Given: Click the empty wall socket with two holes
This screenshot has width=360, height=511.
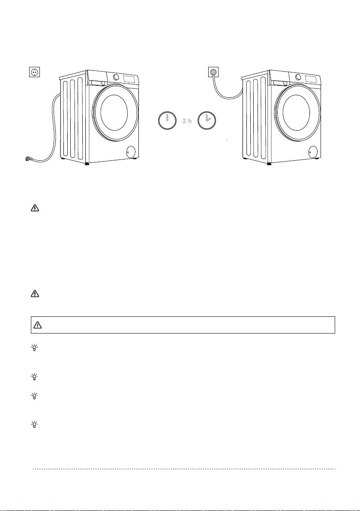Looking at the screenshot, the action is click(x=35, y=72).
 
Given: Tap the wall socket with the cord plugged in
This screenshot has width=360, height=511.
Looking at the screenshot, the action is click(x=213, y=72).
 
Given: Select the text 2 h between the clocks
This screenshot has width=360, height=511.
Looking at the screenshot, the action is click(x=187, y=121).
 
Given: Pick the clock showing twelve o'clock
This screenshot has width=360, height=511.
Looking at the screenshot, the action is click(x=167, y=120).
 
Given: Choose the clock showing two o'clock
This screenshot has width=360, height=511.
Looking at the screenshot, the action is click(x=207, y=120).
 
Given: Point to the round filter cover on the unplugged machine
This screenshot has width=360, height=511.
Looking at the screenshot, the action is click(x=130, y=151).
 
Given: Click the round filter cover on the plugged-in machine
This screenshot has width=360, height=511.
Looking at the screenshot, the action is click(x=312, y=151).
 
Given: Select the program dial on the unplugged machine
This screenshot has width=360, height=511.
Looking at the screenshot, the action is click(x=116, y=77).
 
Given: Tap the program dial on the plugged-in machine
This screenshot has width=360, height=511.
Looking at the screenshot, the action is click(x=298, y=77).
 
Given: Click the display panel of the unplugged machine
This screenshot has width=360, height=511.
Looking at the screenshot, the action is click(x=130, y=79).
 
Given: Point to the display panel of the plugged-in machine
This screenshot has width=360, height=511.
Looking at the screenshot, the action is click(x=312, y=79).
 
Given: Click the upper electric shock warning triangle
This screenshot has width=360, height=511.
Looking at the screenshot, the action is click(x=35, y=207).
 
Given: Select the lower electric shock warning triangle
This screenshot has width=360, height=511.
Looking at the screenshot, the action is click(x=35, y=294).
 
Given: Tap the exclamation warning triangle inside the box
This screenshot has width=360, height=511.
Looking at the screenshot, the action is click(x=38, y=325).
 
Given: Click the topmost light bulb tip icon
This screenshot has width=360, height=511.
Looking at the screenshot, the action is click(x=34, y=348).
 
